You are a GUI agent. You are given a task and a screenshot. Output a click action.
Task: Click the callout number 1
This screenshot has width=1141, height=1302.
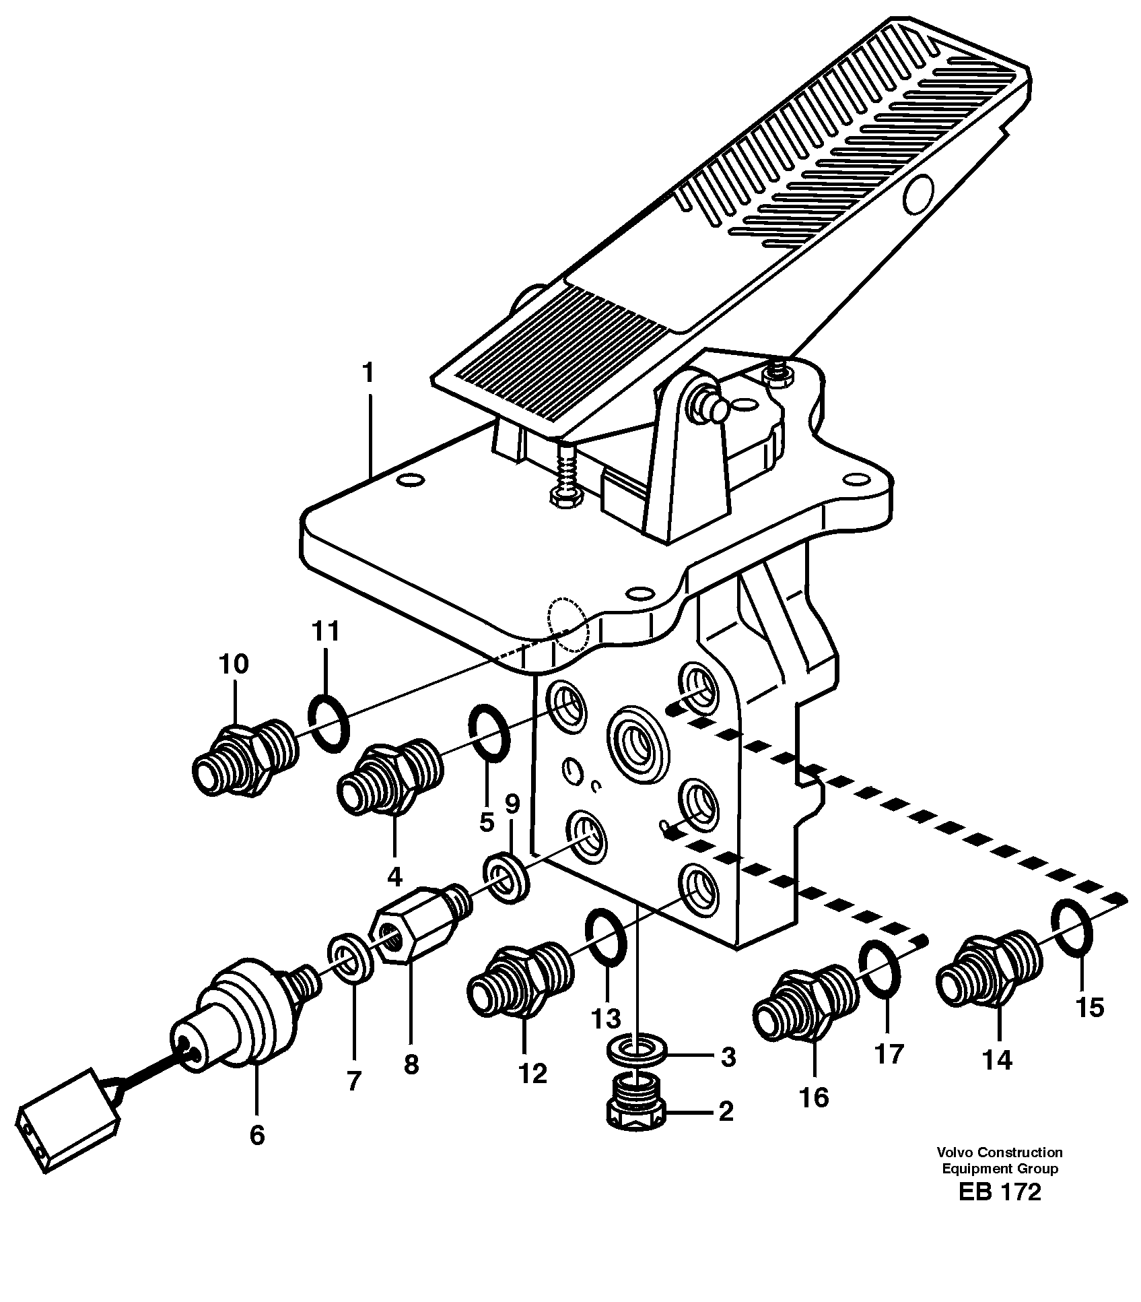click(x=368, y=373)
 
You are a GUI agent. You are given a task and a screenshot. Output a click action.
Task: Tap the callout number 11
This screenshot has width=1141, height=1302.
click(x=326, y=633)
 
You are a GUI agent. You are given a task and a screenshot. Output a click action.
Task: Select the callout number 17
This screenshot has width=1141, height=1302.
click(x=889, y=1053)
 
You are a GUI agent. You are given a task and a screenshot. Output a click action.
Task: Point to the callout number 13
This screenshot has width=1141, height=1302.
click(x=606, y=1019)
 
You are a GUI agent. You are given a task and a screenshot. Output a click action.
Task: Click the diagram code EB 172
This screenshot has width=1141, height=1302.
click(x=1000, y=1192)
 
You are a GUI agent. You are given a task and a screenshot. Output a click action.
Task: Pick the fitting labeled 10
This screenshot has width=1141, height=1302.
click(x=242, y=758)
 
